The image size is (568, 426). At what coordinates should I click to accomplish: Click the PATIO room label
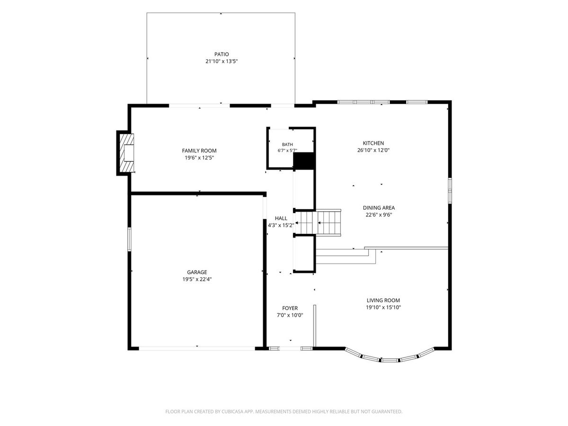tap(221, 54)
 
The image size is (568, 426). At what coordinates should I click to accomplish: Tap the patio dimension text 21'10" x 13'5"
tap(222, 62)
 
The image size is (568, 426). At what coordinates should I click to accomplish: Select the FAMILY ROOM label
tap(199, 151)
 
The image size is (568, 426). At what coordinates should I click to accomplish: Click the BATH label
tap(287, 144)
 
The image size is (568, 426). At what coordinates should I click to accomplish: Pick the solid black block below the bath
tap(304, 161)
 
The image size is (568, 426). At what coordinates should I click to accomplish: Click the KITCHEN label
tap(373, 143)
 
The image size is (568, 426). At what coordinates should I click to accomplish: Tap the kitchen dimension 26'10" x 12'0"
tap(373, 150)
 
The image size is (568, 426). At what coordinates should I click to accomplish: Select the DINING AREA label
tap(379, 208)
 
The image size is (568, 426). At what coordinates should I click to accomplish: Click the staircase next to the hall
tap(318, 222)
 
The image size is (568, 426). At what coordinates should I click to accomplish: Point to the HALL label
tap(281, 218)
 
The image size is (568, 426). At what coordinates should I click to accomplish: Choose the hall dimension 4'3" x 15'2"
tap(281, 225)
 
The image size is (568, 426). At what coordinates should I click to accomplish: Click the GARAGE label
tap(197, 272)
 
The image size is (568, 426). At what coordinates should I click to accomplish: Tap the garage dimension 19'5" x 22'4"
tap(197, 279)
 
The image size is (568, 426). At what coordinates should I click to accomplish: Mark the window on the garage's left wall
tap(129, 239)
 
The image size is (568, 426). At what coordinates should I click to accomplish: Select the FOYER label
tap(290, 308)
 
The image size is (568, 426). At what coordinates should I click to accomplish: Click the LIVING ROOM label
tap(383, 300)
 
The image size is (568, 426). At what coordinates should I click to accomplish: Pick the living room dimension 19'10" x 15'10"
tap(383, 307)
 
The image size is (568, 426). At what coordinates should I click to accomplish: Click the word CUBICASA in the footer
tap(232, 411)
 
